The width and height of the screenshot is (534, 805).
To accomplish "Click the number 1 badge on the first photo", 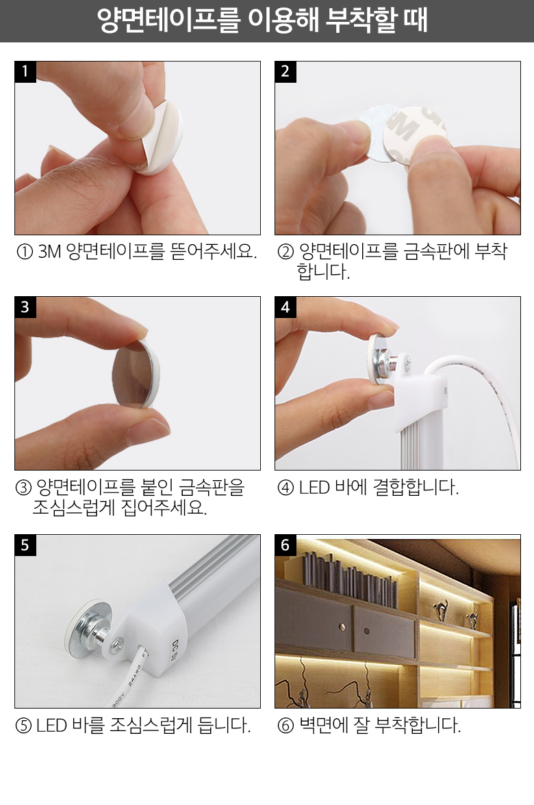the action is tap(25, 71).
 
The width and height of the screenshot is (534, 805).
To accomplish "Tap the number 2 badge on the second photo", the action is tap(285, 71).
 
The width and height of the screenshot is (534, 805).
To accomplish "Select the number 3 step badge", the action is tap(25, 307).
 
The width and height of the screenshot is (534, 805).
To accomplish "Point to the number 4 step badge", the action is tap(285, 307).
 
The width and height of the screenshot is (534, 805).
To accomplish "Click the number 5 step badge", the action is tap(25, 544).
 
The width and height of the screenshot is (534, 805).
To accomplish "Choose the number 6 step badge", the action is tap(285, 544).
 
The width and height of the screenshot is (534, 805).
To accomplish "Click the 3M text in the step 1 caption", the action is tap(50, 252).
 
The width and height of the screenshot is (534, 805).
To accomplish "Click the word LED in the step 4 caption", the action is tap(314, 487).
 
